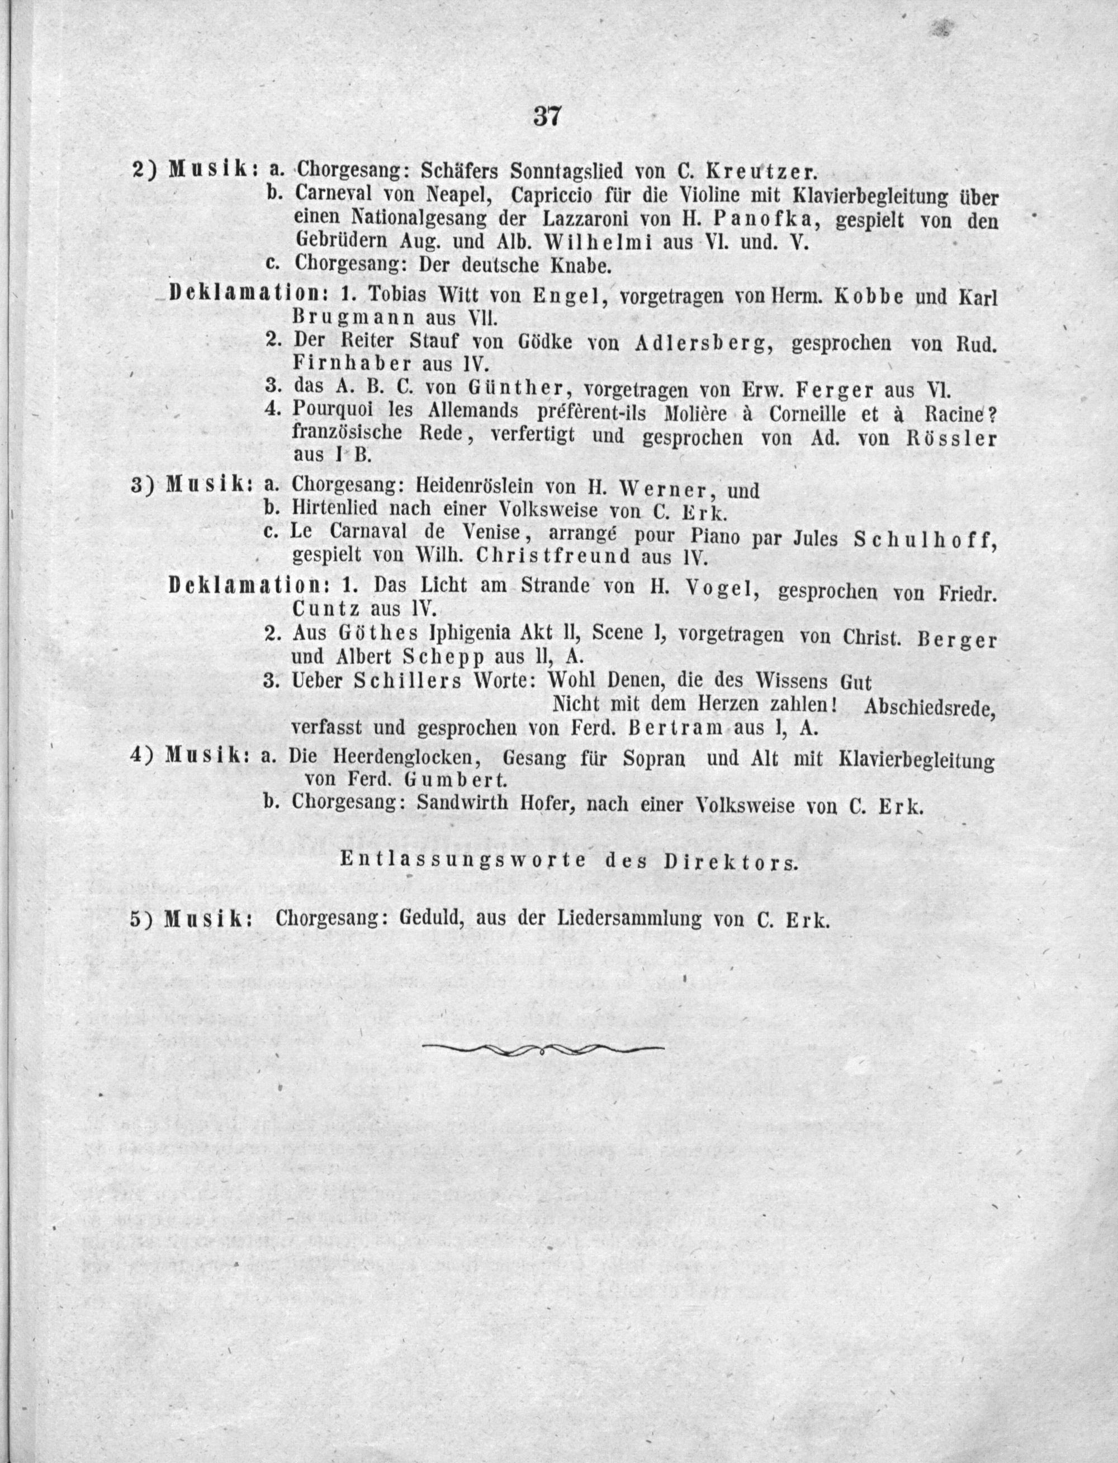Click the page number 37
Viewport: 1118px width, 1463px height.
[547, 117]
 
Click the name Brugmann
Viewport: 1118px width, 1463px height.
[353, 317]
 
